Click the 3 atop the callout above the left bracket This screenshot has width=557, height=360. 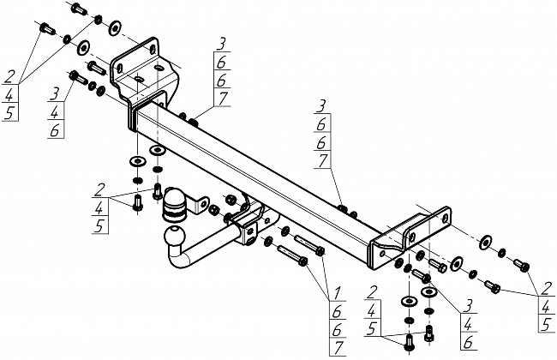221,43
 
